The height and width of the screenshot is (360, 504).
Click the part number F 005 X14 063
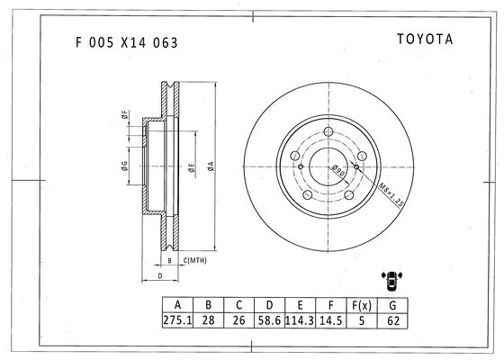click(x=127, y=42)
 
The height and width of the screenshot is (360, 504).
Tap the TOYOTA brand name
click(x=425, y=40)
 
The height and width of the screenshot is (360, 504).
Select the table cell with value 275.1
click(x=178, y=320)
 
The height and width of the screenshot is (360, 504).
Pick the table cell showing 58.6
click(x=269, y=320)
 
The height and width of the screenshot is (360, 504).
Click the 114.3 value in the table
click(x=300, y=320)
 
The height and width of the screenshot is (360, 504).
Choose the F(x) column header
click(x=362, y=305)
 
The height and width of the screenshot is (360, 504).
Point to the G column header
click(x=392, y=305)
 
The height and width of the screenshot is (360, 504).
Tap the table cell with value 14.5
click(x=331, y=320)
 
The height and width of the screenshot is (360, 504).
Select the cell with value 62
click(x=392, y=320)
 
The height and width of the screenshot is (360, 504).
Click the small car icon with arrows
click(x=391, y=281)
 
